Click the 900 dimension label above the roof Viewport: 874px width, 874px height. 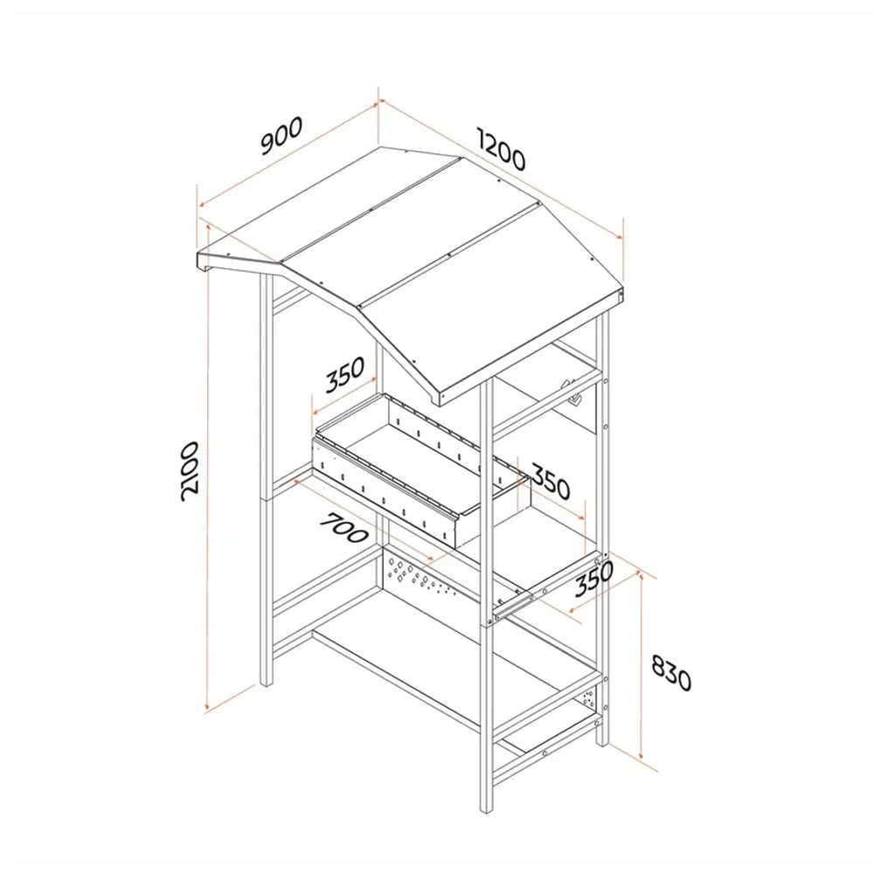click(282, 135)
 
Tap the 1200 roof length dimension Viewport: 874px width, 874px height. click(501, 149)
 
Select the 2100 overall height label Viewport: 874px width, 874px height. click(190, 471)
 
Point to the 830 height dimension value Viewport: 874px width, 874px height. click(671, 672)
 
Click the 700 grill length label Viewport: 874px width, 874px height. click(343, 527)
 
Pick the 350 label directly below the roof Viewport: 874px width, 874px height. click(345, 374)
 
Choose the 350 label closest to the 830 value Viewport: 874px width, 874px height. click(594, 579)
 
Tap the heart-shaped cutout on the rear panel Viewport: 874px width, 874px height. click(574, 399)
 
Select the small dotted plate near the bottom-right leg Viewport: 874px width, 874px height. click(588, 697)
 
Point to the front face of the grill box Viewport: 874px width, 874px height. click(384, 490)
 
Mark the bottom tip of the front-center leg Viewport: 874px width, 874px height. click(487, 812)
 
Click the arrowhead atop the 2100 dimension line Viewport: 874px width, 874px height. click(208, 227)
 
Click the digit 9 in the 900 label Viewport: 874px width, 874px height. click(268, 145)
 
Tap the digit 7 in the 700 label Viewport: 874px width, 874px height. click(329, 519)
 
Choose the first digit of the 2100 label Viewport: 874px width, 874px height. click(190, 493)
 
